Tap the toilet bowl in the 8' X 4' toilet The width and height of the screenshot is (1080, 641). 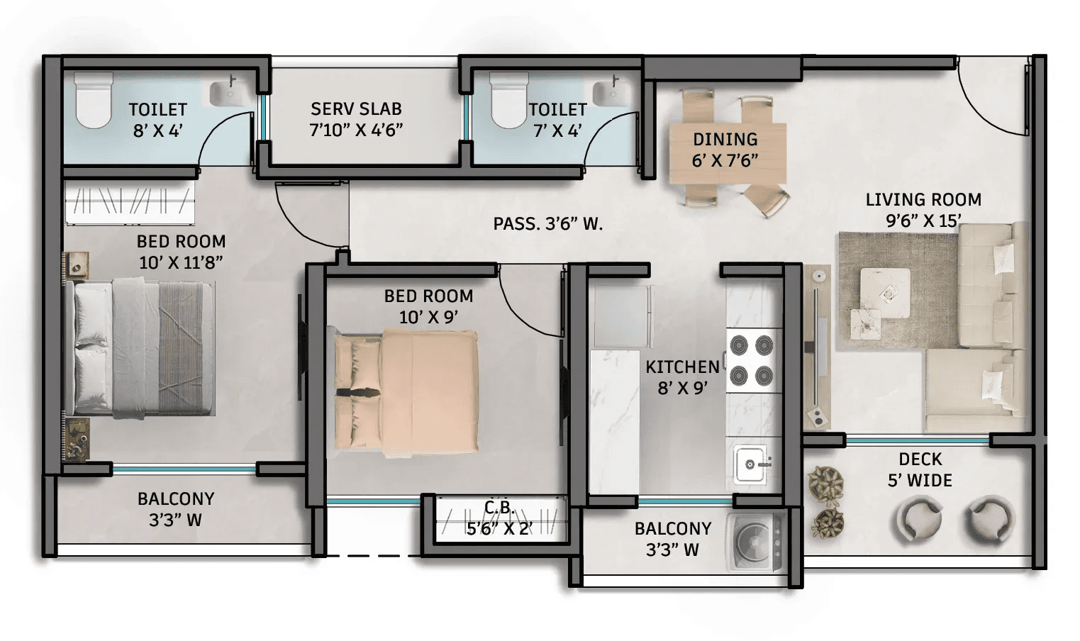click(94, 100)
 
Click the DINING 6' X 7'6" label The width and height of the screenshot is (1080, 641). click(725, 150)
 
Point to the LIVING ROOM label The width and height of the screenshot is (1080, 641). click(923, 199)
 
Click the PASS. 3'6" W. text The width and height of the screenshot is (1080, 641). click(548, 224)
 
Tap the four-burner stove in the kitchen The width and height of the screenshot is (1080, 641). click(752, 360)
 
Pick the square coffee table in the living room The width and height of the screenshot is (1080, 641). click(885, 293)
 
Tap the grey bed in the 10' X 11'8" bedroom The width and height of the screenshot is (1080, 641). click(138, 348)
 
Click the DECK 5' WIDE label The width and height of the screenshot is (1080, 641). click(920, 470)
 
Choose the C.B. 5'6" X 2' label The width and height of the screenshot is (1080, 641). click(499, 518)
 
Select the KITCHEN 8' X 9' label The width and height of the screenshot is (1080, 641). click(682, 377)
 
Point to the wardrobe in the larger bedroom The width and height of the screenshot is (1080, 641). click(130, 202)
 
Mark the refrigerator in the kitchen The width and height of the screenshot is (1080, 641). click(623, 316)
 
